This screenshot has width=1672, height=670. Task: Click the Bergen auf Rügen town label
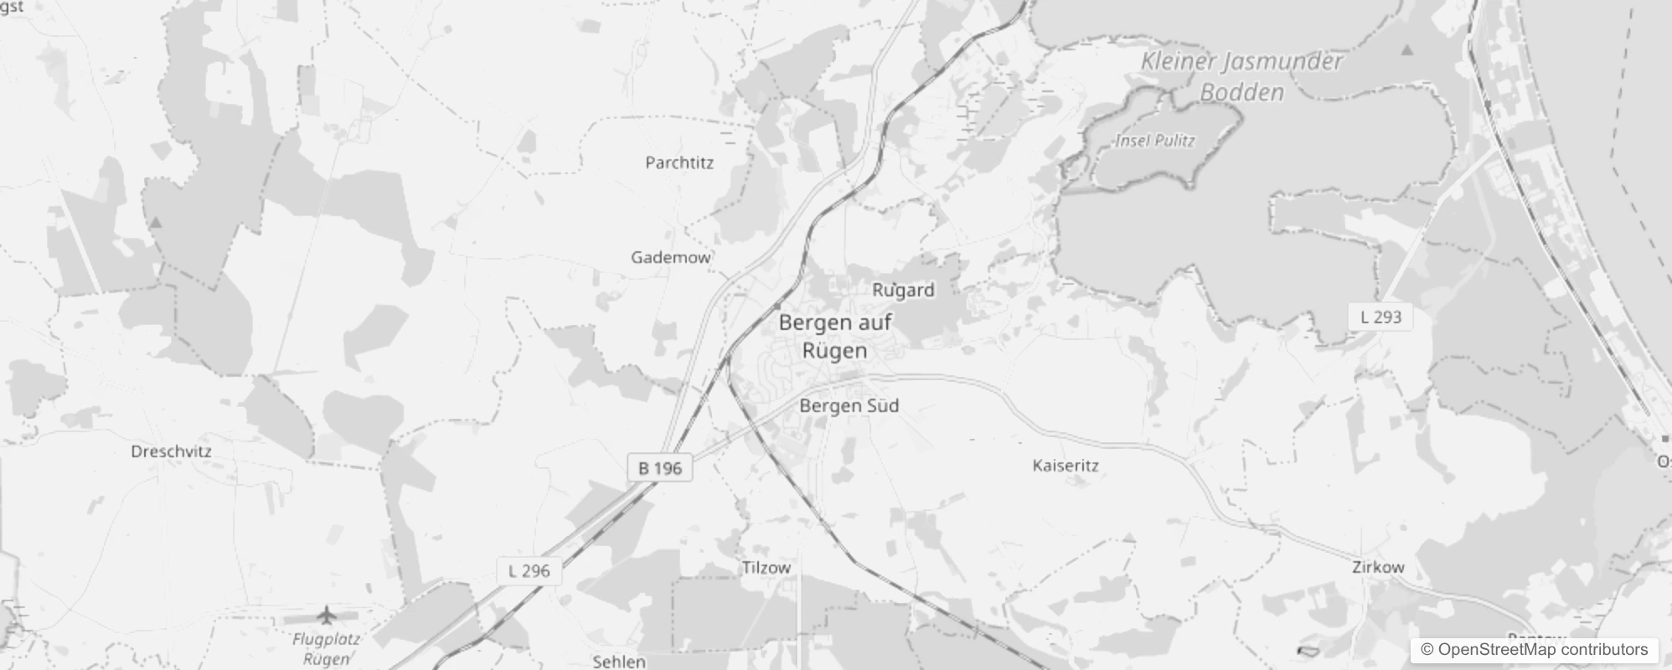pos(834,336)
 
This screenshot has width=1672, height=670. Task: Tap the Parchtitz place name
pos(679,162)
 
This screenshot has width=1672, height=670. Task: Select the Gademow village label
pos(670,257)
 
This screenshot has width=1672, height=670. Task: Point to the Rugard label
pos(903,291)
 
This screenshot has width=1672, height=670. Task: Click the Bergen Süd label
pos(849,406)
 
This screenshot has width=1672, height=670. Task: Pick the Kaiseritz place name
pos(1066,466)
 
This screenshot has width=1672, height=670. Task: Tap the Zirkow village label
pos(1378,567)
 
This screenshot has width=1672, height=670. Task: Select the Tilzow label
pos(766,568)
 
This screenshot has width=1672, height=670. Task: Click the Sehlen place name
pos(619,662)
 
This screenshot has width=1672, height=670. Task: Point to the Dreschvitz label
pos(171,451)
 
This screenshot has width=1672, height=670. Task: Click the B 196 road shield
pos(660,468)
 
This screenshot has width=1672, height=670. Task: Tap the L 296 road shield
pos(529,571)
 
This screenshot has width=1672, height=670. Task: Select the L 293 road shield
pos(1380,317)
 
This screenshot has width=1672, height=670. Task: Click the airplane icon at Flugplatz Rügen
pos(326,616)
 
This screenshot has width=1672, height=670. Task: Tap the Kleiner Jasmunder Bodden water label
pos(1241,76)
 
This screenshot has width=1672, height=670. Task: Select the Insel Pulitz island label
pos(1155,141)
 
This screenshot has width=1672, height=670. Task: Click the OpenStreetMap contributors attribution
pos(1534,650)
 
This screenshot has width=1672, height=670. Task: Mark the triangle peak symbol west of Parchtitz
pos(156,223)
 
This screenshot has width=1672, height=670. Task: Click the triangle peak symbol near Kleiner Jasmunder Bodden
pos(1407,50)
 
